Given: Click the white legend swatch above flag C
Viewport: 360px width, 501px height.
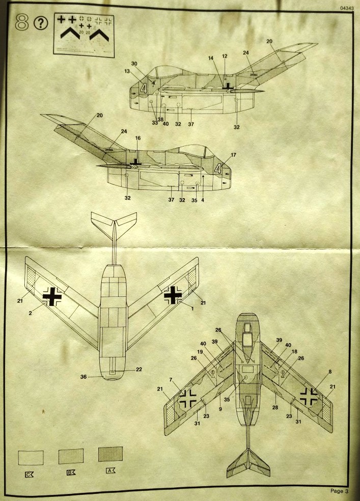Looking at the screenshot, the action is [31, 457].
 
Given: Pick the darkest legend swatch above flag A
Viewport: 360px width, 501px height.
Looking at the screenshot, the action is [110, 455].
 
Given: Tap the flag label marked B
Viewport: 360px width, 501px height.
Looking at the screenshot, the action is [71, 472].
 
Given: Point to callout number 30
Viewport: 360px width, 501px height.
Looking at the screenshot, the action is [134, 64].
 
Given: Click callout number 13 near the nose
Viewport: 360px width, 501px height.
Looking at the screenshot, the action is [128, 72].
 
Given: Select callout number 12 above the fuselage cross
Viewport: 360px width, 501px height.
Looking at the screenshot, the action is [225, 55].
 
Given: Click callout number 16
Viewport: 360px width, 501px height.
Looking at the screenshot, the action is [138, 138].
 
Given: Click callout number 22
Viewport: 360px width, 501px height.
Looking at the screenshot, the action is [138, 370].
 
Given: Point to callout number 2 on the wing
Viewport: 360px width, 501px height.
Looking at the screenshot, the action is [31, 313].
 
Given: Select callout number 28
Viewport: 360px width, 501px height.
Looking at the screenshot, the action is [275, 408].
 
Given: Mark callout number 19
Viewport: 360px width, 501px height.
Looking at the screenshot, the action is [200, 351].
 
